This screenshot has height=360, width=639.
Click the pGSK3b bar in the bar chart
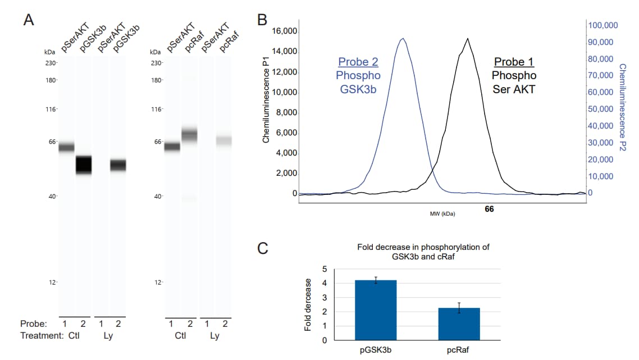376,310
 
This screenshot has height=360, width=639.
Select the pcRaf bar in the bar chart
459,324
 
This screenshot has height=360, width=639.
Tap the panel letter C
262,248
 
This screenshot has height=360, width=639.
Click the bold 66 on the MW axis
489,209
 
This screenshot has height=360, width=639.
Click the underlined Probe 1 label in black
514,62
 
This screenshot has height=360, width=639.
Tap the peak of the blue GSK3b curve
402,39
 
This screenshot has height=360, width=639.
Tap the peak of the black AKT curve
467,39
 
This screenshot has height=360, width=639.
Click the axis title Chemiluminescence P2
622,107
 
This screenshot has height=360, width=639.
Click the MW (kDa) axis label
442,213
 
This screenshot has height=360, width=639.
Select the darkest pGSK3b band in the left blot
84,165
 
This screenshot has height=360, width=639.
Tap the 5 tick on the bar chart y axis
324,269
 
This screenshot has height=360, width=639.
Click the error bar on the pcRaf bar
459,307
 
